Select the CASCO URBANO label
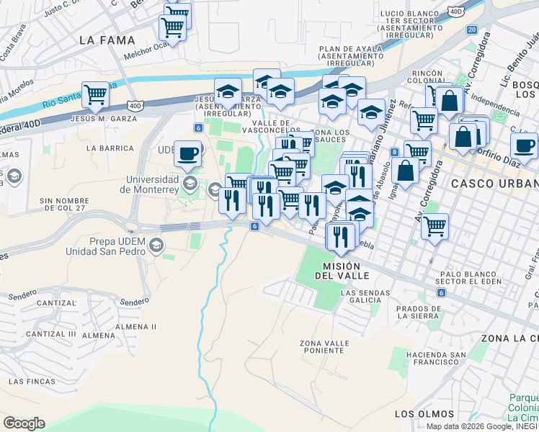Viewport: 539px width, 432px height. pyautogui.click(x=494, y=184)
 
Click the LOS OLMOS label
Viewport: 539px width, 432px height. pyautogui.click(x=424, y=414)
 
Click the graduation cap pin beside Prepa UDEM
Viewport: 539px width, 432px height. pyautogui.click(x=156, y=247)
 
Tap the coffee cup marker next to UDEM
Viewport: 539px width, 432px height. pyautogui.click(x=188, y=153)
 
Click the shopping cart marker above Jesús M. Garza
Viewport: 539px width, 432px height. pyautogui.click(x=95, y=94)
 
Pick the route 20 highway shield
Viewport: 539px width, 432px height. pyautogui.click(x=471, y=30)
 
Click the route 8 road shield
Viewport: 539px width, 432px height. pyautogui.click(x=394, y=152)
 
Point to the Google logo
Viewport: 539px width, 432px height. pyautogui.click(x=24, y=423)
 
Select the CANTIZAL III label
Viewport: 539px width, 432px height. pyautogui.click(x=50, y=334)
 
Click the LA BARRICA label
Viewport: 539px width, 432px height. pyautogui.click(x=110, y=148)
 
